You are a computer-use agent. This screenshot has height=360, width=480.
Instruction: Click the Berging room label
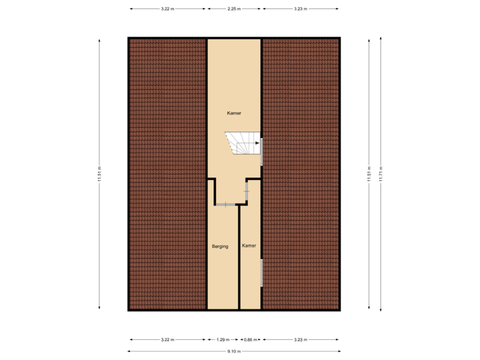tap(220, 246)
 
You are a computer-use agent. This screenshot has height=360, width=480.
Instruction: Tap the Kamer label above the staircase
tap(233, 114)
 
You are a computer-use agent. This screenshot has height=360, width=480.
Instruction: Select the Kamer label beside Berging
tap(249, 246)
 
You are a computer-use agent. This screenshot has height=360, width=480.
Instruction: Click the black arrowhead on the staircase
tap(257, 142)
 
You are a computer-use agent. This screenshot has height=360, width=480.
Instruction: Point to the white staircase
tap(243, 143)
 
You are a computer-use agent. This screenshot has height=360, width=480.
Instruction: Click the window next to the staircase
tap(261, 151)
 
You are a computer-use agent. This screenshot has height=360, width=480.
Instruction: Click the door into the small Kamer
tap(247, 191)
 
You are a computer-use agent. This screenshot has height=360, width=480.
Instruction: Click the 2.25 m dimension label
tap(233, 9)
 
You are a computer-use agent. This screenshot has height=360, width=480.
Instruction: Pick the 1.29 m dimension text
tap(223, 339)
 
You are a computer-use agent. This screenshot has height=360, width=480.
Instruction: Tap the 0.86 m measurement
tap(249, 339)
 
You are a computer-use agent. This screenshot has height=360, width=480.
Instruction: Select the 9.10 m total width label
tap(233, 351)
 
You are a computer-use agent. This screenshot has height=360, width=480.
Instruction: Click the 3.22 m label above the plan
tap(167, 9)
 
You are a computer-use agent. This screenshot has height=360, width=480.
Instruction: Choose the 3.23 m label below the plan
tap(300, 339)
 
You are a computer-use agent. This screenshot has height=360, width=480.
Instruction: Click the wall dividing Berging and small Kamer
tap(239, 257)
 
